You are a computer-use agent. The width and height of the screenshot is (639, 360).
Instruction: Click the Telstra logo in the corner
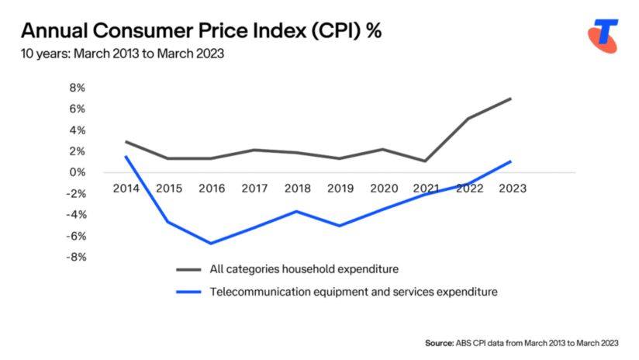click(x=602, y=36)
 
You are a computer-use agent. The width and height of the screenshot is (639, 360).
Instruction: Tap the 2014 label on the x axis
click(x=126, y=189)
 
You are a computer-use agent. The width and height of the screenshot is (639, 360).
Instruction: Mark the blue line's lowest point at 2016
click(x=211, y=244)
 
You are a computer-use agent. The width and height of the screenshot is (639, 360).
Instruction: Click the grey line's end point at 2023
click(x=510, y=99)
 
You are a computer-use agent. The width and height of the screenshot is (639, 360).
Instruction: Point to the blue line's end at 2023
click(x=510, y=161)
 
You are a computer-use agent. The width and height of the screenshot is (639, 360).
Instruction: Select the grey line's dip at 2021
click(x=424, y=161)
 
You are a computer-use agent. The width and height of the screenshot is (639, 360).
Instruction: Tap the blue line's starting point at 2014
click(x=126, y=157)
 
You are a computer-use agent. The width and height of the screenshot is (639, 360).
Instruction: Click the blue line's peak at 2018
click(x=295, y=211)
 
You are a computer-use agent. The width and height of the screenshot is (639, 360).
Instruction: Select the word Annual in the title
click(x=56, y=32)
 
